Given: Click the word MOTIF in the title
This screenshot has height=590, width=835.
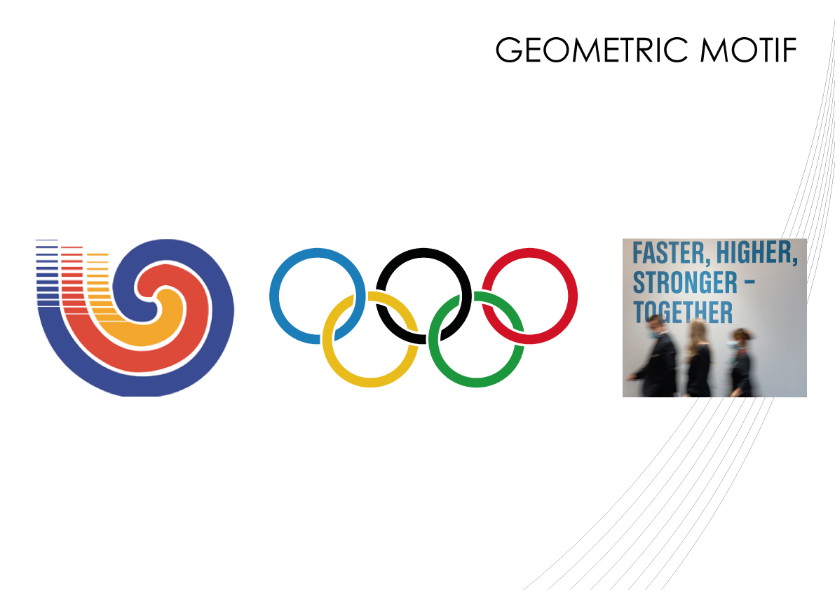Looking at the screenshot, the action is pyautogui.click(x=748, y=50).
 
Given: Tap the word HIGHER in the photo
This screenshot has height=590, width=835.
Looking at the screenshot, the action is pyautogui.click(x=756, y=253).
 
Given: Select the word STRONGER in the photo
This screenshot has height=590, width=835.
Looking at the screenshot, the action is pyautogui.click(x=685, y=282).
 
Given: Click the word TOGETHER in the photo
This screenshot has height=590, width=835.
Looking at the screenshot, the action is pyautogui.click(x=683, y=313).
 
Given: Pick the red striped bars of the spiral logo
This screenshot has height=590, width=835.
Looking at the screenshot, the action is pyautogui.click(x=72, y=280).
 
